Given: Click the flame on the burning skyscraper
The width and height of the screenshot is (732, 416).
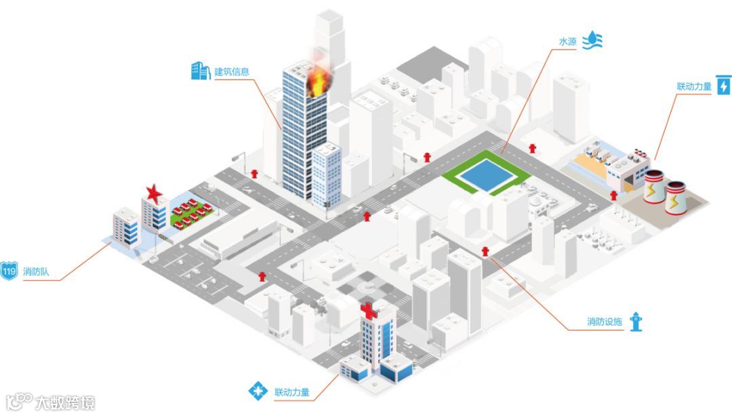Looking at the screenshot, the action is tap(317, 82).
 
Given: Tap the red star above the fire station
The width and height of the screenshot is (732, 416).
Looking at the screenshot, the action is tap(155, 193).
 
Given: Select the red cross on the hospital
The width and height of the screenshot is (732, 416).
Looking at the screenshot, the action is tap(369, 311).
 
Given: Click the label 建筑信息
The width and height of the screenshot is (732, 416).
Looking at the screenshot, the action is tap(232, 72).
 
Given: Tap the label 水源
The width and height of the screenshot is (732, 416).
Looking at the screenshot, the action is tap(568, 42).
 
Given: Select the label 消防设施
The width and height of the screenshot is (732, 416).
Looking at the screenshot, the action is tap(604, 322).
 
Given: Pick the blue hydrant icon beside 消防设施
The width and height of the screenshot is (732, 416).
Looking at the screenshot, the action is tap(635, 322).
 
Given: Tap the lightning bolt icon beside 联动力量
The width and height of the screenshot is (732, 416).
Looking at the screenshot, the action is tap(723, 86).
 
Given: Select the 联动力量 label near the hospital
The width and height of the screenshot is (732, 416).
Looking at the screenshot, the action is tap(292, 392).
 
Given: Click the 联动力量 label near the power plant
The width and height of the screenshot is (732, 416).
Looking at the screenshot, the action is tap(694, 87).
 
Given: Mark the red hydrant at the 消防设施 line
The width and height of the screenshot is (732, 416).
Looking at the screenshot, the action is tap(485, 252).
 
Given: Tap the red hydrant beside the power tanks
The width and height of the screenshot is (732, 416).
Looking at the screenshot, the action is tap(614, 195).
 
